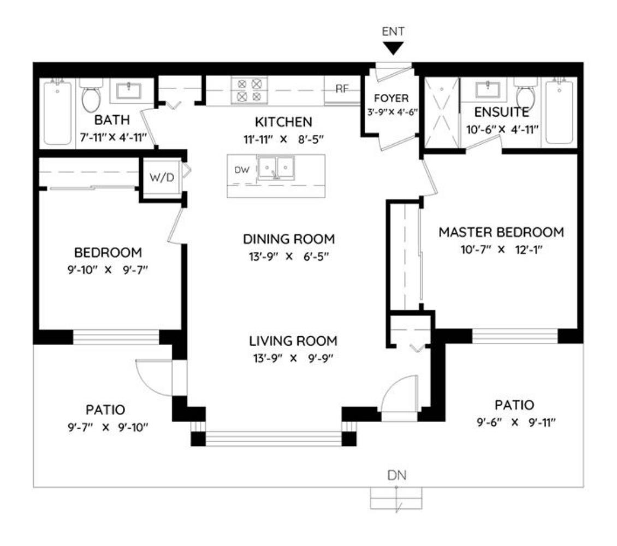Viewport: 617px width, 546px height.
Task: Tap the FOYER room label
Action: [x=391, y=98]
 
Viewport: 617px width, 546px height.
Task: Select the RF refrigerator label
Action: [x=342, y=89]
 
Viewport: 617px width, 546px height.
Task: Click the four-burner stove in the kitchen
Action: [x=250, y=90]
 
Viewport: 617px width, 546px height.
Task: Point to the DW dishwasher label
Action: [x=241, y=170]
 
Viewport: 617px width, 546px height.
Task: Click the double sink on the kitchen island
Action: [x=275, y=168]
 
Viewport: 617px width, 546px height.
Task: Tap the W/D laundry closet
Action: [x=161, y=177]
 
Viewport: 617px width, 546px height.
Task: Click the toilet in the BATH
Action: [x=91, y=95]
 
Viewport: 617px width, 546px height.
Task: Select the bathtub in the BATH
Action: [x=57, y=112]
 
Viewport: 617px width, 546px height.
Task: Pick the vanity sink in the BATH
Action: [x=128, y=91]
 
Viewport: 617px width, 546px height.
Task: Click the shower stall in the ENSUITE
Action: [x=442, y=112]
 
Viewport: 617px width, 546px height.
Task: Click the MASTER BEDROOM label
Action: [x=501, y=232]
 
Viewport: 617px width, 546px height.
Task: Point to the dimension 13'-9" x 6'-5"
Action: [x=289, y=257]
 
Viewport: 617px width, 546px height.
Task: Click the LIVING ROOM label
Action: [x=293, y=341]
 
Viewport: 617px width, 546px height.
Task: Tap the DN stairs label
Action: [x=396, y=475]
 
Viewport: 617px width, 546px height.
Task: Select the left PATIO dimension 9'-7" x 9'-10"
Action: [x=108, y=427]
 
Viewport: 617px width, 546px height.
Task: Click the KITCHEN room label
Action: [x=283, y=122]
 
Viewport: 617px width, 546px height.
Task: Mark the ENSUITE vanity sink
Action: [x=488, y=90]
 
